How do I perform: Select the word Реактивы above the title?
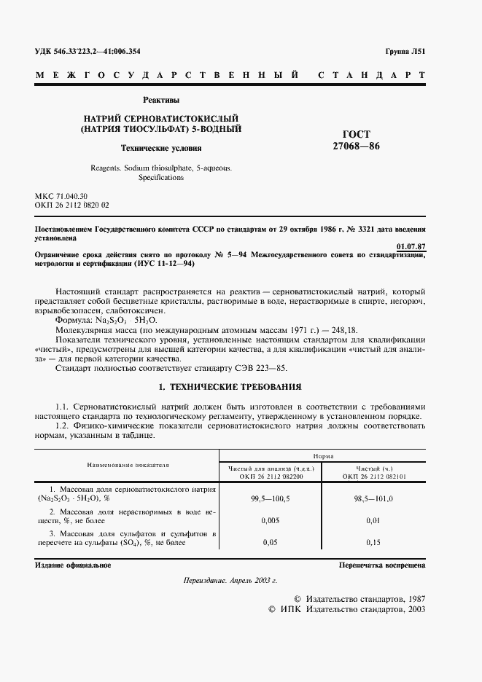click(x=161, y=100)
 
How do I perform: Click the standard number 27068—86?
click(x=356, y=146)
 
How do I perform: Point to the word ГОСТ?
click(x=356, y=134)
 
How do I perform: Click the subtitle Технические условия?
click(x=161, y=147)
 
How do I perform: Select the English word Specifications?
click(x=161, y=177)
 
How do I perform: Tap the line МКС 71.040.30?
click(x=61, y=197)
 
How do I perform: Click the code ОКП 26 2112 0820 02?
click(x=72, y=205)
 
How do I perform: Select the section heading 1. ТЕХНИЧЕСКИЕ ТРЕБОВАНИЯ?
click(x=230, y=385)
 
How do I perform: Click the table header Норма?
click(x=323, y=453)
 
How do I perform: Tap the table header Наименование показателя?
click(x=128, y=463)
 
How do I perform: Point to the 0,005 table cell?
click(x=271, y=520)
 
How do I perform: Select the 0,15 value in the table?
click(x=374, y=543)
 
